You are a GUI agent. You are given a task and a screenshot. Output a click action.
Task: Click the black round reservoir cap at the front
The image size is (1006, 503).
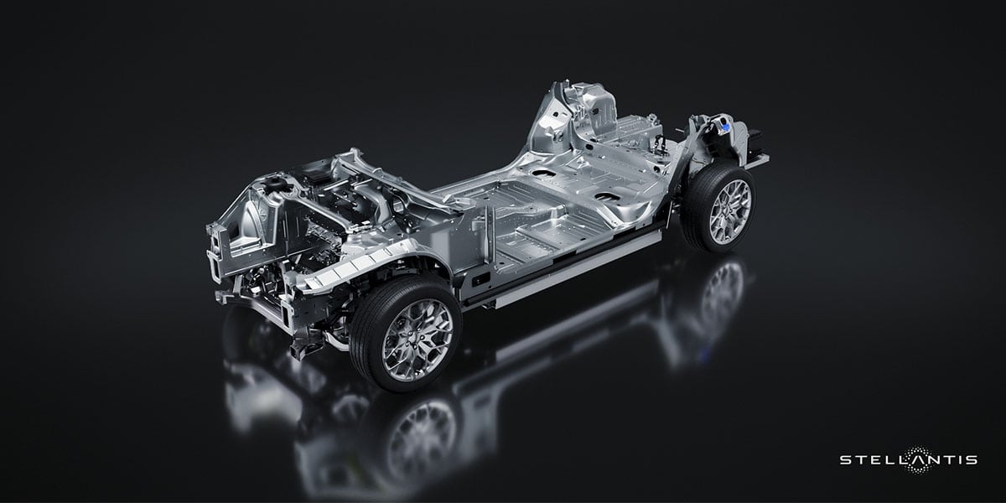click(x=274, y=183)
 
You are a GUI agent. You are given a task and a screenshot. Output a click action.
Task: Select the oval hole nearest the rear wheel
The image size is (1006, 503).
click(x=607, y=198)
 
